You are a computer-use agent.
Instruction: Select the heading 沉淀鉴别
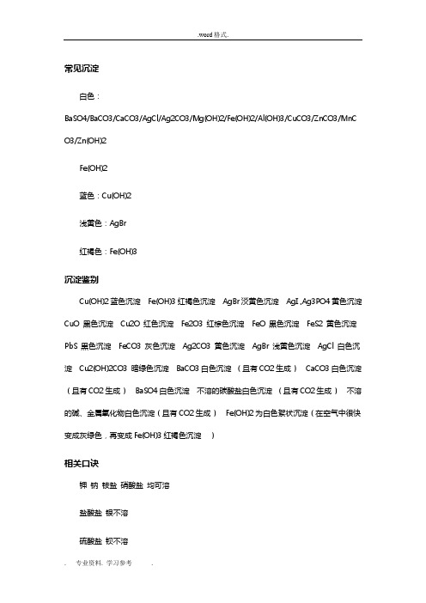(76, 280)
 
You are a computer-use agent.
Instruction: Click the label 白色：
(89, 97)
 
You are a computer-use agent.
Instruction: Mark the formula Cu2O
(133, 324)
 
